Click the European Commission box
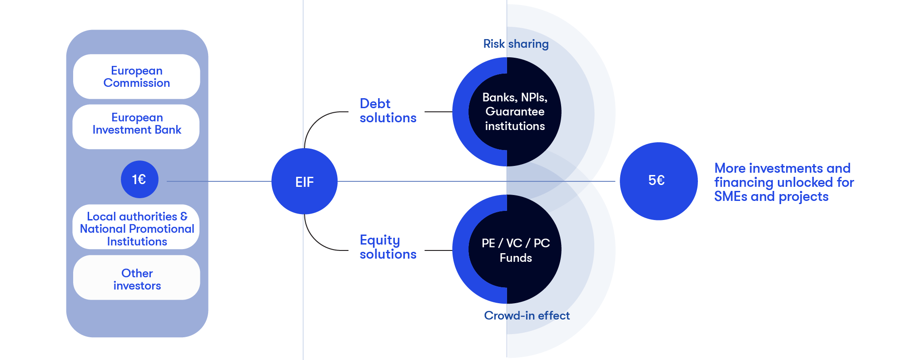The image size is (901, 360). [136, 77]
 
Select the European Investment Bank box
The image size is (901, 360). [136, 124]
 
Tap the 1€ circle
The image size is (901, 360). [139, 180]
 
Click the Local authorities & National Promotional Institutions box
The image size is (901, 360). [136, 229]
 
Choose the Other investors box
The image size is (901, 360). [136, 279]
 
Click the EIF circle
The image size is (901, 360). [304, 182]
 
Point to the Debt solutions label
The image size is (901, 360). [388, 111]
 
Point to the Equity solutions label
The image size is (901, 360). [388, 247]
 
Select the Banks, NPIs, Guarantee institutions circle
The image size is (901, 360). [515, 112]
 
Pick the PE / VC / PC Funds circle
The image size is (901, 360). [515, 250]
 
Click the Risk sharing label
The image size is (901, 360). [516, 44]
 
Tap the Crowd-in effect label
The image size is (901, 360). [527, 315]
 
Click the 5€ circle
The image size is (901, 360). [658, 181]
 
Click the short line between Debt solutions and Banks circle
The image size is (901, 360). [438, 112]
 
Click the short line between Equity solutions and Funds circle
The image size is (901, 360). [438, 250]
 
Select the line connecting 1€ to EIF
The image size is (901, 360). [218, 181]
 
